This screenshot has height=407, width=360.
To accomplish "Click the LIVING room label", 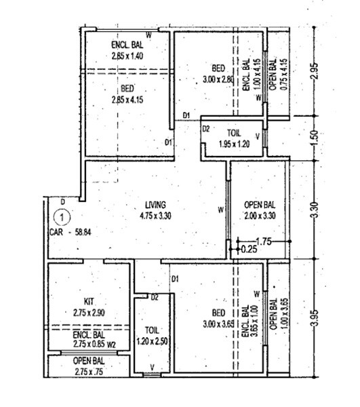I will [156, 204].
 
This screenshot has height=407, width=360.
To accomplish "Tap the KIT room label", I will [88, 301].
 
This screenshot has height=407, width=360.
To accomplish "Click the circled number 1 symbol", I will [62, 218].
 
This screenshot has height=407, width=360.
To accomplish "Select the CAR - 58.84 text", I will [71, 231].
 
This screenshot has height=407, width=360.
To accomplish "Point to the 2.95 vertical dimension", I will [313, 71].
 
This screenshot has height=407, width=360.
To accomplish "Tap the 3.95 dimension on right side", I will [313, 315].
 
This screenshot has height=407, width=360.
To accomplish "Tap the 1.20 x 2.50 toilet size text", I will [151, 341].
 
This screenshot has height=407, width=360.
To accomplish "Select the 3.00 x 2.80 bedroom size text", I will [218, 79].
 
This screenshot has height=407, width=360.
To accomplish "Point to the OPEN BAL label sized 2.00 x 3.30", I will [260, 204].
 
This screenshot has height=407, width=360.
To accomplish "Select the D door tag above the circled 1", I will [62, 202].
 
